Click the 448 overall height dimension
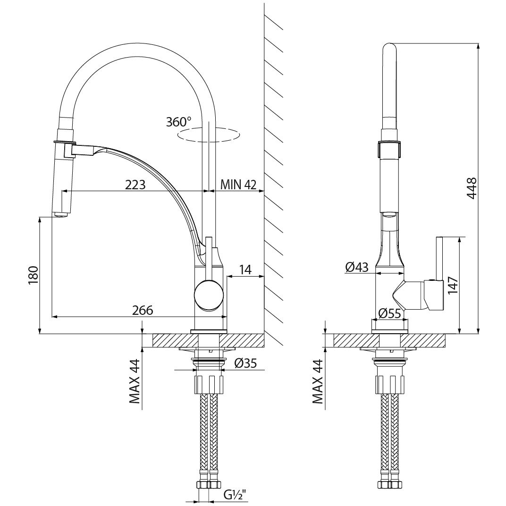pyautogui.click(x=472, y=188)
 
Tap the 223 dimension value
pyautogui.click(x=135, y=185)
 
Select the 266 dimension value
pyautogui.click(x=143, y=311)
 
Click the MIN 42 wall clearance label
pyautogui.click(x=238, y=185)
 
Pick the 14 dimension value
pyautogui.click(x=245, y=270)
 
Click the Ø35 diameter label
pyautogui.click(x=245, y=363)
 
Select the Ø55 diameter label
pyautogui.click(x=389, y=313)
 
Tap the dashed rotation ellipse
pyautogui.click(x=210, y=134)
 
